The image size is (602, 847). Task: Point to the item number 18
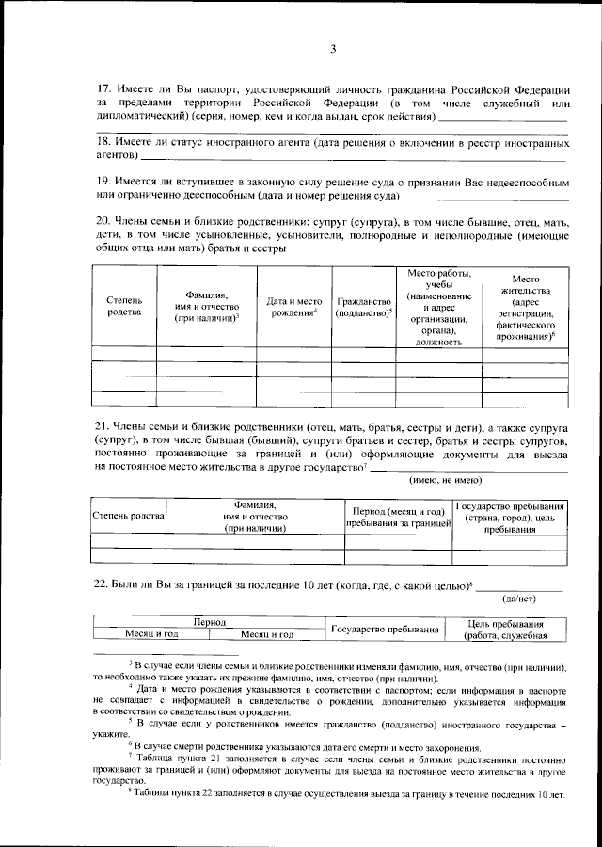click(x=103, y=141)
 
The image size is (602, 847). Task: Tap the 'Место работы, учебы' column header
click(x=438, y=307)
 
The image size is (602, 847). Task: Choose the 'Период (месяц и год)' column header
click(x=398, y=516)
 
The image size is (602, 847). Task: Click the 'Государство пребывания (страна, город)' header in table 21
click(x=510, y=516)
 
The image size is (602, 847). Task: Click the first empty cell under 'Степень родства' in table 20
click(x=124, y=355)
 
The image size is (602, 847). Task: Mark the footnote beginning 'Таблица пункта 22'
click(x=348, y=795)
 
